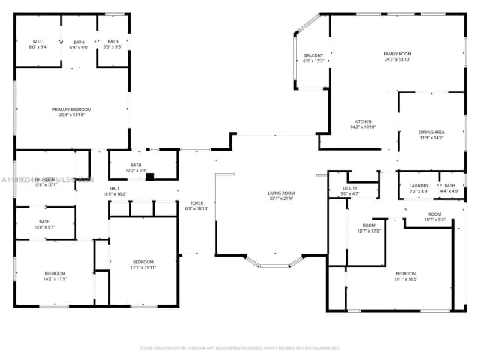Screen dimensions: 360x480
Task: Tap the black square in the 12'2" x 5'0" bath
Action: (150, 178)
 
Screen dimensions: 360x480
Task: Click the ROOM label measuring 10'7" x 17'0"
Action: (368, 228)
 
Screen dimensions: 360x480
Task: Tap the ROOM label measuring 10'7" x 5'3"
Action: (435, 217)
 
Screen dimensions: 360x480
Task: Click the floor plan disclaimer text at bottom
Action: (240, 347)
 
